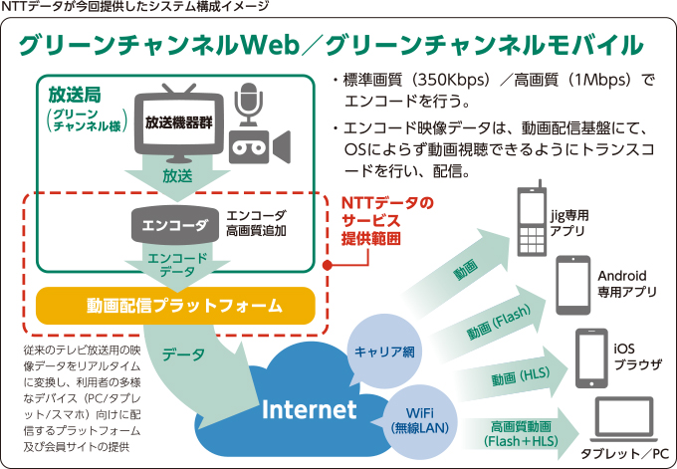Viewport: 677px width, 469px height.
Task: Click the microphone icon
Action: point(247,107)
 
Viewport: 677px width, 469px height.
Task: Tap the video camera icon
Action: point(256,146)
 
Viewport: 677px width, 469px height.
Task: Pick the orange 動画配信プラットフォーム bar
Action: point(175,305)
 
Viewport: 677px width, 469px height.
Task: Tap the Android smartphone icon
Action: point(572,284)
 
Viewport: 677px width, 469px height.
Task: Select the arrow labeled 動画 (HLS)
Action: point(520,378)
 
